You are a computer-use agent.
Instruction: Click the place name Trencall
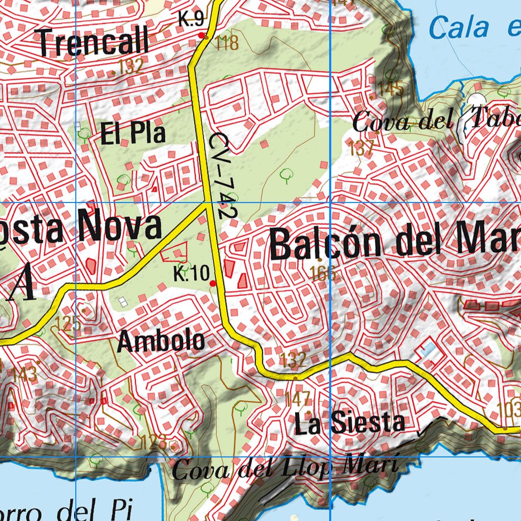(x=94, y=42)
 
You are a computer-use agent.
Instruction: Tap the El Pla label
(x=133, y=133)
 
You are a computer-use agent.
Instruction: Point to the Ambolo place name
(x=161, y=341)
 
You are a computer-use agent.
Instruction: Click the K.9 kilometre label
(x=191, y=20)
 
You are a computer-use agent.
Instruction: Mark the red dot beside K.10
(x=213, y=283)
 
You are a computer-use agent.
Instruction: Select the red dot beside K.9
(x=202, y=36)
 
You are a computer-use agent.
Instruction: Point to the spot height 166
(x=324, y=274)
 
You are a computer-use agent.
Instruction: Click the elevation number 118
(x=227, y=43)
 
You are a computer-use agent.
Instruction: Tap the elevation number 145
(x=391, y=89)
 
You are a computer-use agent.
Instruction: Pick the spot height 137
(x=362, y=148)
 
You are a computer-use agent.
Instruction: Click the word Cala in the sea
(x=459, y=27)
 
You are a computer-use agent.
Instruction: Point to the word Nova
(x=119, y=227)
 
